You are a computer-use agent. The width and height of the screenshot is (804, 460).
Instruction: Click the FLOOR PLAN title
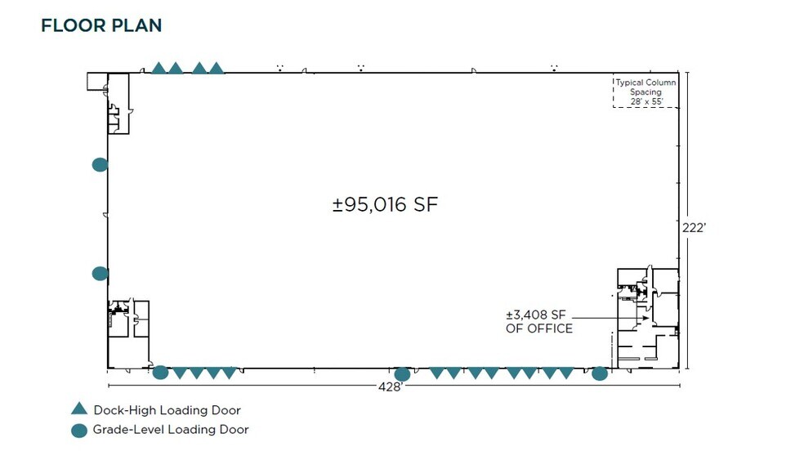(x=101, y=25)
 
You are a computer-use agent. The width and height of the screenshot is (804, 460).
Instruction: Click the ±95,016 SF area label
(x=385, y=204)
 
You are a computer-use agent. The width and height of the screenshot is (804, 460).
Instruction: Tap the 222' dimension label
(x=693, y=228)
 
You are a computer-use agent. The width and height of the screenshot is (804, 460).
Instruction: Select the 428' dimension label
(x=390, y=386)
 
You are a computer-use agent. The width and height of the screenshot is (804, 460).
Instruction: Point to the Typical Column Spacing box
(x=645, y=92)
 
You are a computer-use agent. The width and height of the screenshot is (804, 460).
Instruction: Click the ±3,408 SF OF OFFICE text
(x=539, y=322)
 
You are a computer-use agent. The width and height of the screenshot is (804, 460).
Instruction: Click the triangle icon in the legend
(x=78, y=409)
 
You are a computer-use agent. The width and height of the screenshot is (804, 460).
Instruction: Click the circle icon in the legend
(x=78, y=430)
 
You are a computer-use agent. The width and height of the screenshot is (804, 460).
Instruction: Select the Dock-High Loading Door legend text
(x=167, y=410)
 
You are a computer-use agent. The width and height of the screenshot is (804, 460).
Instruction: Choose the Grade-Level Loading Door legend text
(x=171, y=430)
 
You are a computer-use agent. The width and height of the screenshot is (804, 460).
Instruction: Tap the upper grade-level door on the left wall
(x=100, y=164)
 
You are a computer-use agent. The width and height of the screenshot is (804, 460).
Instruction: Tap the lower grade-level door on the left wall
(x=100, y=274)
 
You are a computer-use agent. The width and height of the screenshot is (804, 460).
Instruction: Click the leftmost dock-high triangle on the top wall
(x=159, y=68)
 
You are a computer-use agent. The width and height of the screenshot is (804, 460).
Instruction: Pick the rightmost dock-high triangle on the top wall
(x=216, y=68)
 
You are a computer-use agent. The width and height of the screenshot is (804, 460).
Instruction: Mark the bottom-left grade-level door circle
(x=160, y=373)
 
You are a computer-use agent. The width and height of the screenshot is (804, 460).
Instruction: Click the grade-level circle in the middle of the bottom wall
(x=402, y=374)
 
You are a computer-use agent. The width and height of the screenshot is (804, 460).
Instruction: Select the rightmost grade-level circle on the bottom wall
(x=600, y=373)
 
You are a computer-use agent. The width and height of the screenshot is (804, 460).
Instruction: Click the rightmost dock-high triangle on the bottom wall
(x=566, y=373)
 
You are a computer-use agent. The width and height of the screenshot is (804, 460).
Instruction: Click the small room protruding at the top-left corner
(x=97, y=81)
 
